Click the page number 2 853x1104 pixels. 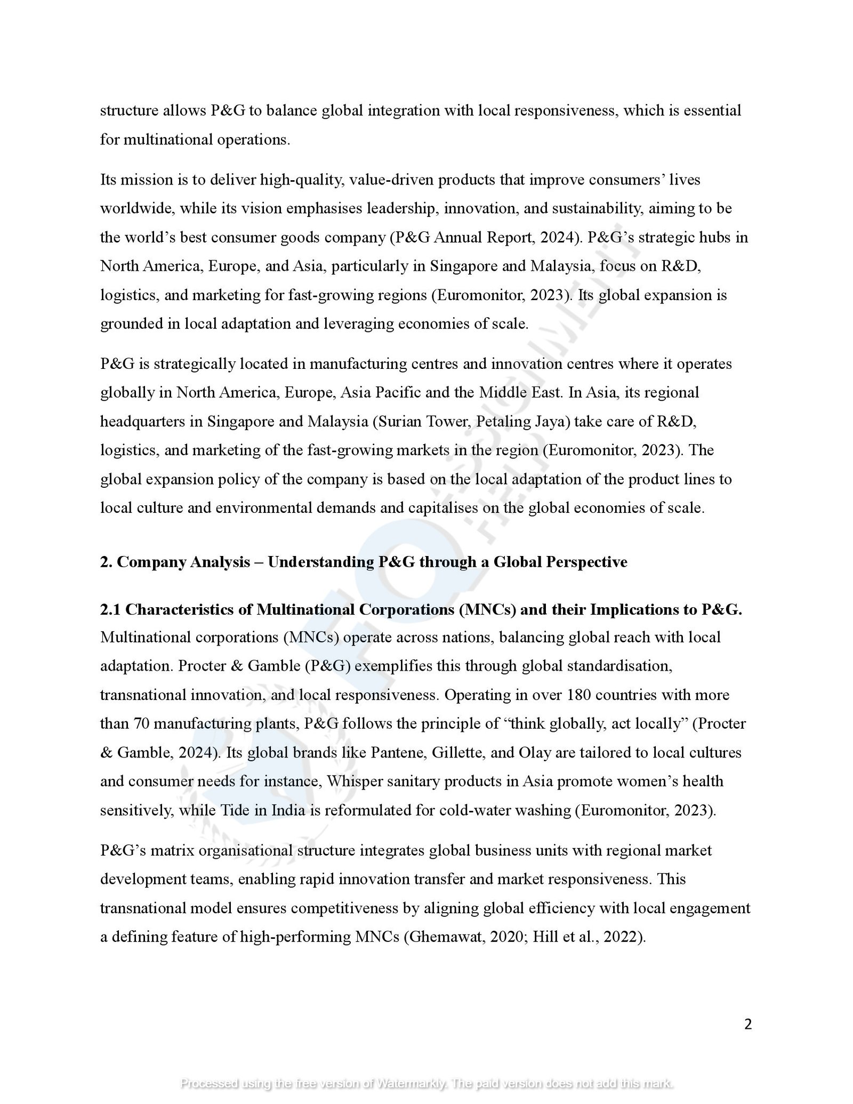[x=747, y=1024]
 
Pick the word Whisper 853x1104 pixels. [x=355, y=781]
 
